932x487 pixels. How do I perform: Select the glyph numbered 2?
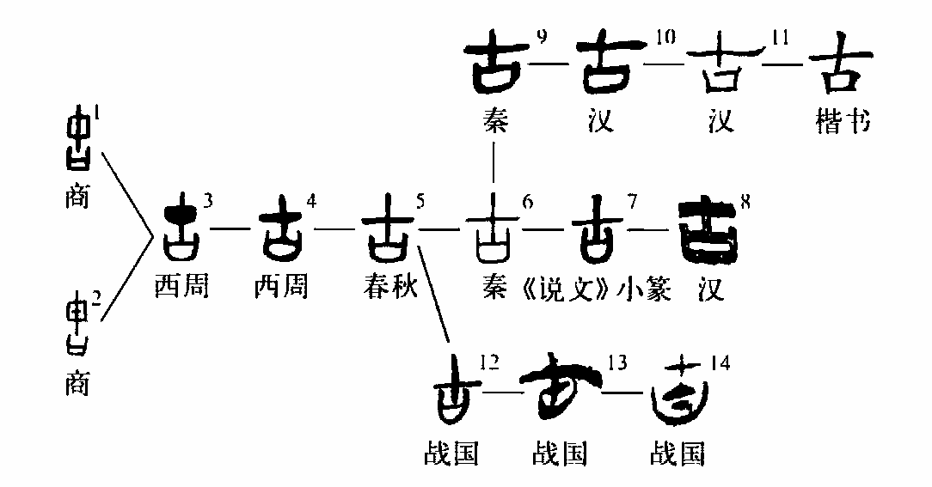pos(79,323)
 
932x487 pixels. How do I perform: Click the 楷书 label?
pos(843,123)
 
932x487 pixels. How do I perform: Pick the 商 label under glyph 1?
pos(77,199)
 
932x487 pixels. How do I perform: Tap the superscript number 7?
pos(633,202)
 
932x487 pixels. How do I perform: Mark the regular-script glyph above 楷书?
pos(836,67)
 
